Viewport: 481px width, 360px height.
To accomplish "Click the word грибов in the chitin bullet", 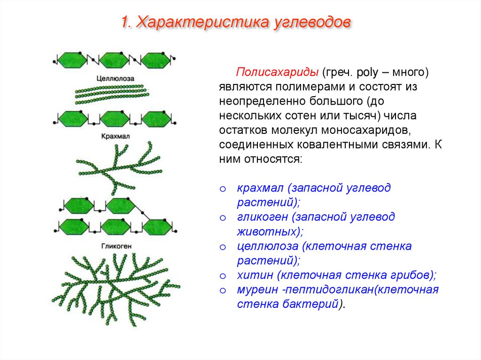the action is click(416, 275).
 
